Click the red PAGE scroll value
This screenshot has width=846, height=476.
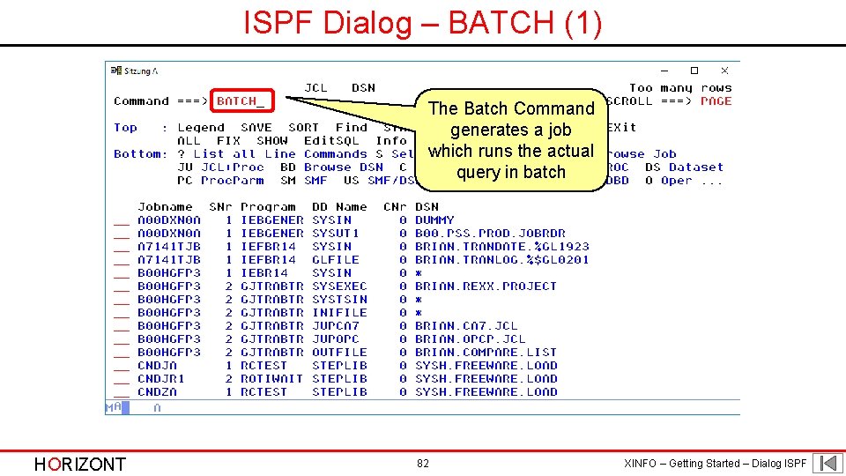click(x=716, y=101)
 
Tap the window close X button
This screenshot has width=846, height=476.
click(x=724, y=71)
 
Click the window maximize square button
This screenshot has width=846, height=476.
click(x=694, y=71)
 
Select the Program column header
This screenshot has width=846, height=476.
click(x=268, y=207)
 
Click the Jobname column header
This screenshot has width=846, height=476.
click(x=166, y=207)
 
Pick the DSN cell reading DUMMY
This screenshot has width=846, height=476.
click(x=434, y=220)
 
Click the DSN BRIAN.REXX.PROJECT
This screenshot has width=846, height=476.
click(x=486, y=286)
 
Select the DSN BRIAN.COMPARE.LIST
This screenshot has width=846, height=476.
click(x=486, y=353)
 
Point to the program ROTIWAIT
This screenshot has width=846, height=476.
click(x=271, y=379)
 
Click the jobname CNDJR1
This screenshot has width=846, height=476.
click(x=161, y=379)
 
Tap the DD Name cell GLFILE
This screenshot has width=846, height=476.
click(x=336, y=260)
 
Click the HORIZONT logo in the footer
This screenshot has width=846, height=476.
click(x=79, y=464)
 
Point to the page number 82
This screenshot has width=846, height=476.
click(x=423, y=464)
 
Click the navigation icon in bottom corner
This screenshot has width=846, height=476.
click(x=827, y=463)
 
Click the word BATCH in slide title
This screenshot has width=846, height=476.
click(x=501, y=23)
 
